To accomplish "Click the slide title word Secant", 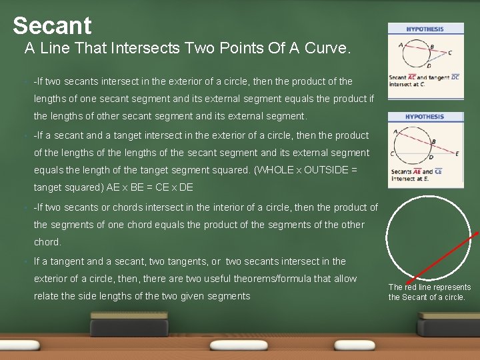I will tap(52, 25).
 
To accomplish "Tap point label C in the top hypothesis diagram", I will tap(450, 53).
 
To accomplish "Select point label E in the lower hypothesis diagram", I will tap(457, 153).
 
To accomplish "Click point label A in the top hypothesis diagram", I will tap(401, 45).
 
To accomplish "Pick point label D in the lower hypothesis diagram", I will tap(430, 157).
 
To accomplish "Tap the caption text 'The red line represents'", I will tap(429, 287).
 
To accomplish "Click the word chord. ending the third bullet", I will tap(47, 242).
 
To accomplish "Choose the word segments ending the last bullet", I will tap(229, 296).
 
